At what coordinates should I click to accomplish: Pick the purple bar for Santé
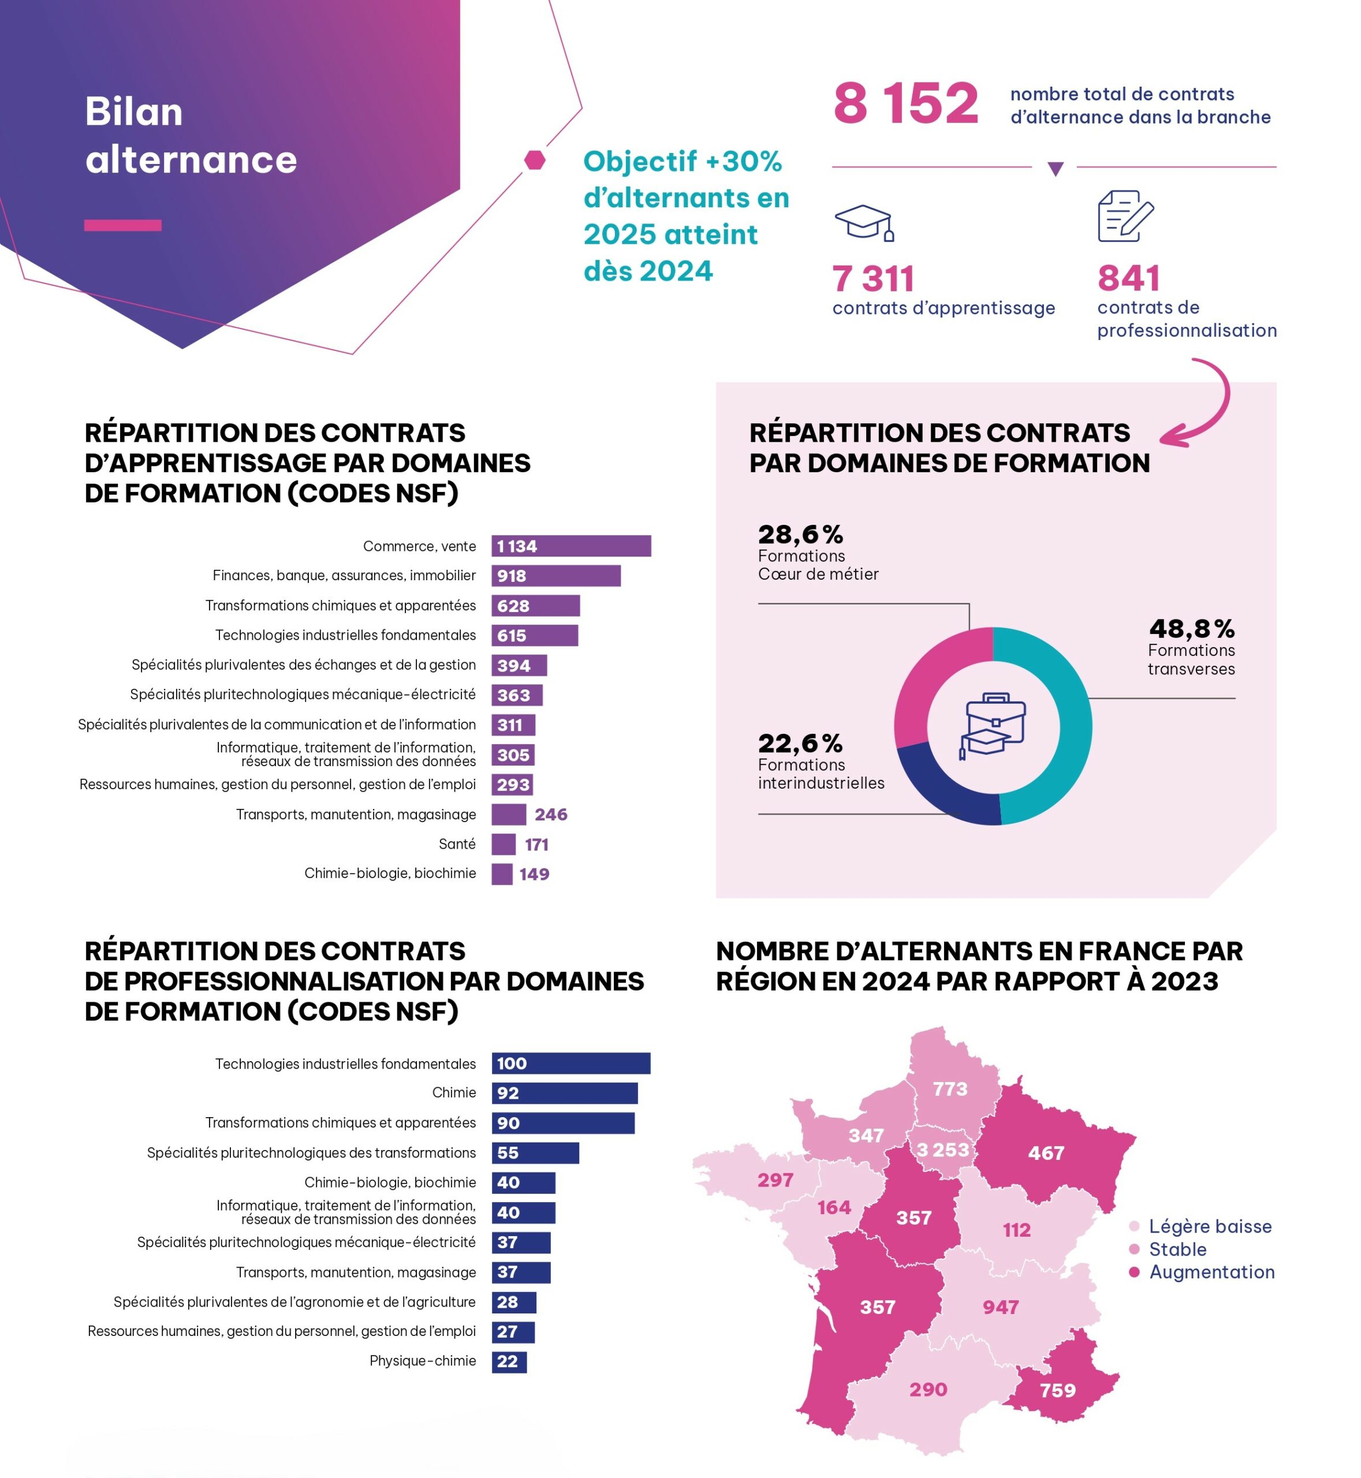(x=503, y=844)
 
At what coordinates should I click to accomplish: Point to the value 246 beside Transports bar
(x=551, y=815)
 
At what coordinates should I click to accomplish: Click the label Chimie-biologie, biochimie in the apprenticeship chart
(x=390, y=874)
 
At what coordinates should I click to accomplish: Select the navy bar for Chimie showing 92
(x=564, y=1093)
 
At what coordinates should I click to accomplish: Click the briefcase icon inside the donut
(x=994, y=725)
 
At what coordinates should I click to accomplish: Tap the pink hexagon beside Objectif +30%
(x=535, y=160)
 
